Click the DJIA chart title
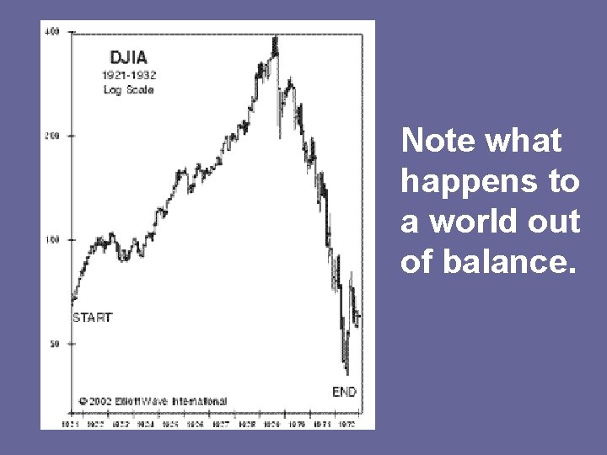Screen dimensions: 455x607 click(x=129, y=57)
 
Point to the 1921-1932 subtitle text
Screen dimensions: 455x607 click(x=129, y=74)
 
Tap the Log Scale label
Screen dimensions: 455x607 click(x=128, y=89)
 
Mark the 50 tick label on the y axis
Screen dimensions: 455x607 click(x=54, y=344)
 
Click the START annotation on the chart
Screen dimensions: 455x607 click(x=92, y=318)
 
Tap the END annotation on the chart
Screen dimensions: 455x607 click(x=344, y=391)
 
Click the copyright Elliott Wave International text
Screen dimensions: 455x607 click(x=152, y=401)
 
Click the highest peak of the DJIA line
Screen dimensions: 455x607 click(x=274, y=39)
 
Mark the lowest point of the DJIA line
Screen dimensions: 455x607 click(x=347, y=373)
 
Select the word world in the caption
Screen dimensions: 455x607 click(x=469, y=223)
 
